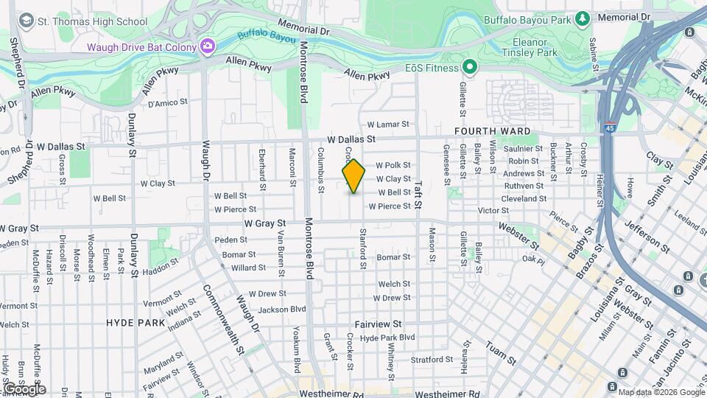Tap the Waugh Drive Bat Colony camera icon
(x=208, y=46)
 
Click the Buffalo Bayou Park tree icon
(x=583, y=17)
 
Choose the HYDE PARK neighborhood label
(x=136, y=323)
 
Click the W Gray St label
(x=264, y=223)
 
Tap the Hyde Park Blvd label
(x=388, y=338)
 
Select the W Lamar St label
(x=388, y=125)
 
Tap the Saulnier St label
(x=524, y=149)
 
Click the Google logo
(x=24, y=388)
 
